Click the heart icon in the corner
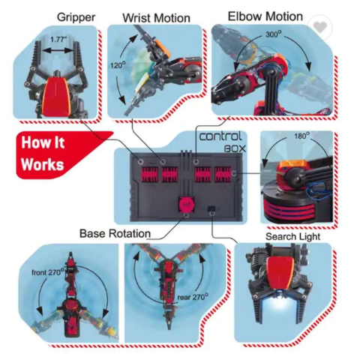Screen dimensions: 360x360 click(x=319, y=27)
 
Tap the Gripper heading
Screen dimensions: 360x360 click(x=76, y=17)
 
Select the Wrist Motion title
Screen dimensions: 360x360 click(x=156, y=18)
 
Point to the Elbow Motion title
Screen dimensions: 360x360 click(x=265, y=16)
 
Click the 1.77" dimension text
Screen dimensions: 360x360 click(x=58, y=40)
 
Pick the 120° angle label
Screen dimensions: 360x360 click(x=118, y=65)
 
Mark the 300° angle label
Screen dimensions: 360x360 click(x=273, y=34)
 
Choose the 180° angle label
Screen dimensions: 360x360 click(x=301, y=136)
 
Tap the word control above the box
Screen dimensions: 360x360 click(x=220, y=136)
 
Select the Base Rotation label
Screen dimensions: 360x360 click(x=115, y=234)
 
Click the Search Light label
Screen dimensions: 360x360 click(x=292, y=236)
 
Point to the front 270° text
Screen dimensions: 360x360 click(x=48, y=272)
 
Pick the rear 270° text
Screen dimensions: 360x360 click(x=193, y=297)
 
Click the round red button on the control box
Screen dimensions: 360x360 click(x=186, y=205)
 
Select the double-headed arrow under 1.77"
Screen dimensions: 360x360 click(x=58, y=51)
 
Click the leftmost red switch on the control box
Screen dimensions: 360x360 click(x=149, y=174)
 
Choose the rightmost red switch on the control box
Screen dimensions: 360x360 click(x=223, y=174)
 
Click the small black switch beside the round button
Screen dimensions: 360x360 click(x=211, y=208)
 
